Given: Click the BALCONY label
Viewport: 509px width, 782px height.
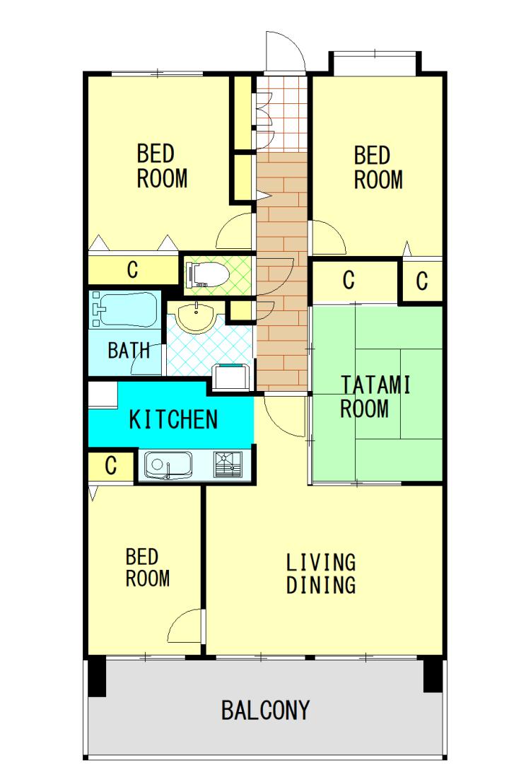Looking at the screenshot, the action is coord(265,710).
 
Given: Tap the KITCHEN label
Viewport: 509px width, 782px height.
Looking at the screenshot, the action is coord(173,419).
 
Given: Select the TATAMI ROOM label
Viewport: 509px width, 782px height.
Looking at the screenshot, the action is coord(375,397).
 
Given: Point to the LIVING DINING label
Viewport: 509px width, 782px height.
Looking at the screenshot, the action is coord(321,573).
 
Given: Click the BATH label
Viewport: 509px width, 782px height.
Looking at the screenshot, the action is coord(129,351).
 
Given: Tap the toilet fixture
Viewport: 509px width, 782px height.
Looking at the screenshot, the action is coord(206,275).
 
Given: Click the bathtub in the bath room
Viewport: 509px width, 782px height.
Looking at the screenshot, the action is coord(124,310).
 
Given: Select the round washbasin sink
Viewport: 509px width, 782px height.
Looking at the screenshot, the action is coord(197,317).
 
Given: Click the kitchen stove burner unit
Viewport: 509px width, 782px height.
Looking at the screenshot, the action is coord(228,465).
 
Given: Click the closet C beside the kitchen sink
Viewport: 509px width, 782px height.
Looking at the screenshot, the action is coord(111,466).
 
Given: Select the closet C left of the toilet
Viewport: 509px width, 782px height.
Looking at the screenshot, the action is coord(133,270).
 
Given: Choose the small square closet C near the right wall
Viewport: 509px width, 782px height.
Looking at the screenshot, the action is coord(422,281).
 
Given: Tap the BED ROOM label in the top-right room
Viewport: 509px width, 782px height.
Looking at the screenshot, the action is coord(378,168).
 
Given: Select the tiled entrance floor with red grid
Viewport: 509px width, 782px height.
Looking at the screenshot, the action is coord(281,114).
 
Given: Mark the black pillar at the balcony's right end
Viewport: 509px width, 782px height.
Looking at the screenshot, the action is coord(433,675).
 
